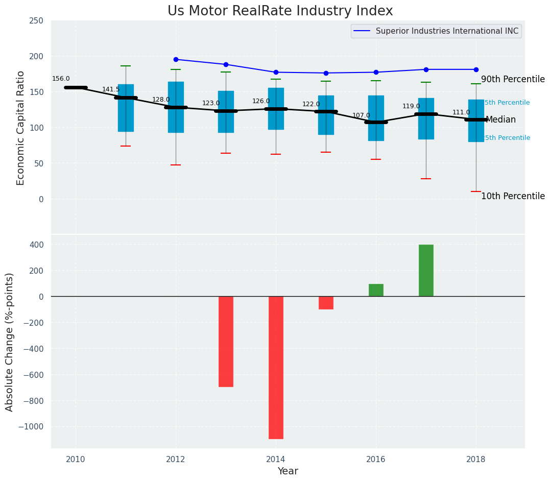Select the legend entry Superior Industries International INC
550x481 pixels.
[x=447, y=31]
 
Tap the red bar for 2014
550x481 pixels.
[x=276, y=367]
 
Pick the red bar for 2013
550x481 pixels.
[x=226, y=341]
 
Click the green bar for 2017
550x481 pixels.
[x=426, y=270]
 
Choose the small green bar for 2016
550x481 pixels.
[x=376, y=290]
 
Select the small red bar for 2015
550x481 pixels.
[x=326, y=303]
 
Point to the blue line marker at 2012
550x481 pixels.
[x=176, y=59]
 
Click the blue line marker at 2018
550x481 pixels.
[x=476, y=69]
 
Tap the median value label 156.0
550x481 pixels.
[x=61, y=79]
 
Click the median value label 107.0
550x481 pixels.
[x=361, y=115]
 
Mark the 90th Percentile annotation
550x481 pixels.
[x=513, y=80]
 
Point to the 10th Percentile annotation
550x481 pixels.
[x=513, y=196]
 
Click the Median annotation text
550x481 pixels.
[x=500, y=120]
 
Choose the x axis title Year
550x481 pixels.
[x=288, y=471]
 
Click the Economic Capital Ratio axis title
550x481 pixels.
[x=21, y=128]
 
